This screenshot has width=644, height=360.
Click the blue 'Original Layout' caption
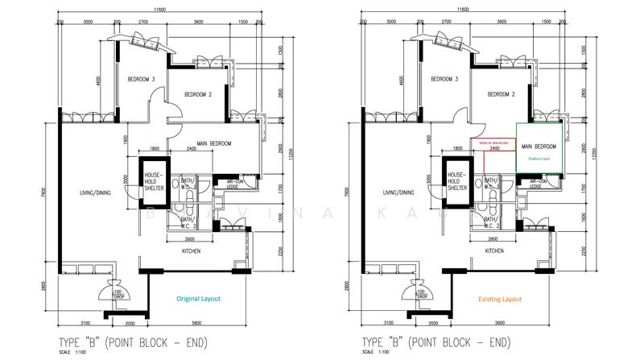pyautogui.click(x=198, y=298)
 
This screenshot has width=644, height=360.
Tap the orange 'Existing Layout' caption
pyautogui.click(x=500, y=299)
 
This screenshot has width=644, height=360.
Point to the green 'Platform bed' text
pyautogui.click(x=539, y=160)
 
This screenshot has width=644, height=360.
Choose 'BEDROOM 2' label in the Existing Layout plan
pyautogui.click(x=500, y=94)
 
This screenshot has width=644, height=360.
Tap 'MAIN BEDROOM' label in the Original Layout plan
pyautogui.click(x=212, y=143)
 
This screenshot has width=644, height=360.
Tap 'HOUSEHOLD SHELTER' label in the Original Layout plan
pyautogui.click(x=154, y=181)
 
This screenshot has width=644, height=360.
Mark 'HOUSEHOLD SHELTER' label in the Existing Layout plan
pyautogui.click(x=457, y=181)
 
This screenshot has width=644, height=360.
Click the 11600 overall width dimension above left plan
pyautogui.click(x=160, y=8)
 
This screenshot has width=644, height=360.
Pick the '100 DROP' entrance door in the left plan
pyautogui.click(x=117, y=292)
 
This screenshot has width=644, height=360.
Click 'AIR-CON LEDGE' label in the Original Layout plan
pyautogui.click(x=240, y=184)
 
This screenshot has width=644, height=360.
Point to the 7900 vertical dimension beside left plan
pyautogui.click(x=43, y=193)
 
